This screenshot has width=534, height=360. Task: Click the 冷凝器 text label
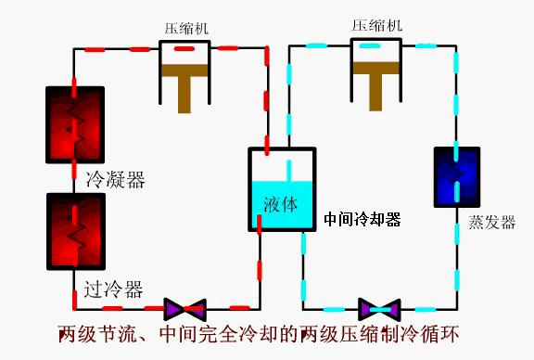coord(115,179)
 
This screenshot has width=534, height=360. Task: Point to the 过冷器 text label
coord(113,290)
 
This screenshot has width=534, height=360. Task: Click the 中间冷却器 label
coord(362,220)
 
